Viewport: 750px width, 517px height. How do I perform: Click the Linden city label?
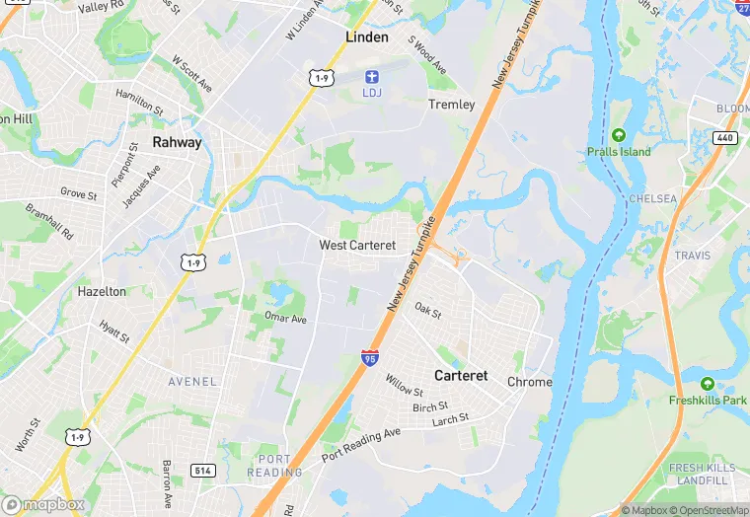point(367,37)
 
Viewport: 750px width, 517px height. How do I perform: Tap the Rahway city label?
point(177,142)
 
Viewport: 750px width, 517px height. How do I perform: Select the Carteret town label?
point(461,376)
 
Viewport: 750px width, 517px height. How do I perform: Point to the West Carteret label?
point(357,245)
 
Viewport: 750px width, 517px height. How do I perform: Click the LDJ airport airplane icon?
point(372,76)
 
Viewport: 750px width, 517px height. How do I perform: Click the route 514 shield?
point(203,472)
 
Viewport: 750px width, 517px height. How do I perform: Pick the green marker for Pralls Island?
point(619,135)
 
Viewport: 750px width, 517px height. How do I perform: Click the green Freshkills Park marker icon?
point(707,384)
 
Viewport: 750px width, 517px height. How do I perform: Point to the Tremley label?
point(452,105)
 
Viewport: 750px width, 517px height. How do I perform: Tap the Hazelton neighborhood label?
point(102,292)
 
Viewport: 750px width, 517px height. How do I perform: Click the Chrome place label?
point(530,382)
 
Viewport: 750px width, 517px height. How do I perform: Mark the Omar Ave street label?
point(285,319)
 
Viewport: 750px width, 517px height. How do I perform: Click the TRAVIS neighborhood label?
point(693,256)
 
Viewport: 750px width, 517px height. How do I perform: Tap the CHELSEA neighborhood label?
point(653,198)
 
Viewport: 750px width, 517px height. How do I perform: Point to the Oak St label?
point(427,310)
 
